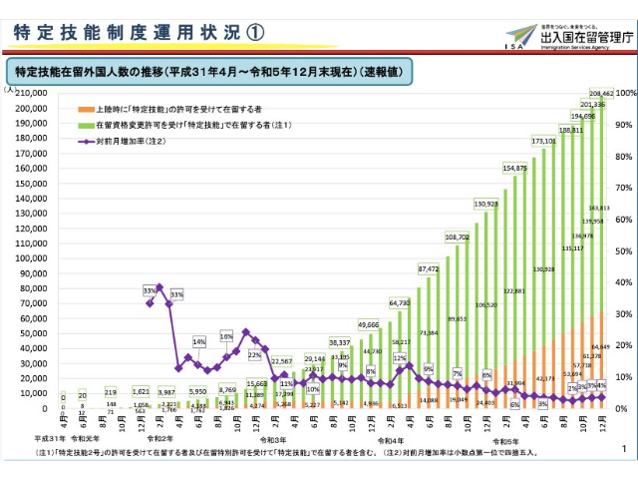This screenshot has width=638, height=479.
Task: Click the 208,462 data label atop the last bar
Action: [600, 92]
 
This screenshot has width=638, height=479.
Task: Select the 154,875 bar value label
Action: [515, 169]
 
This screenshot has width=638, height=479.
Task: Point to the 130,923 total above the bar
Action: [486, 204]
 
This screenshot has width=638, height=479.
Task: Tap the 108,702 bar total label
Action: [458, 237]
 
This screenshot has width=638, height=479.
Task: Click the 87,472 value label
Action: [429, 268]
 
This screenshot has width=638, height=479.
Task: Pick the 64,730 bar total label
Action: [400, 302]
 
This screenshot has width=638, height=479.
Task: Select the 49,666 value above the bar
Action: [369, 325]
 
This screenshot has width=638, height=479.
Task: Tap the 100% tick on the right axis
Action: [626, 93]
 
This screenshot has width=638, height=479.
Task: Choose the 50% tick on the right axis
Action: [623, 250]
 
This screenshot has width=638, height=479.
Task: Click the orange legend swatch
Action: [88, 108]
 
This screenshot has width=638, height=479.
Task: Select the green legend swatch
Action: [88, 125]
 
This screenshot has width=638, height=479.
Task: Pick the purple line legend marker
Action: [88, 142]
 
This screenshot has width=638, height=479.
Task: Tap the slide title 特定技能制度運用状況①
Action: [140, 32]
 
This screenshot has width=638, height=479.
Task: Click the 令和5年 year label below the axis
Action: [505, 439]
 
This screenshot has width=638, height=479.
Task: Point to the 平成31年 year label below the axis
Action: [52, 439]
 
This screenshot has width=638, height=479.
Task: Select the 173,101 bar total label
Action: [544, 143]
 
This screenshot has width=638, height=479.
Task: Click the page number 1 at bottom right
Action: [623, 450]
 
